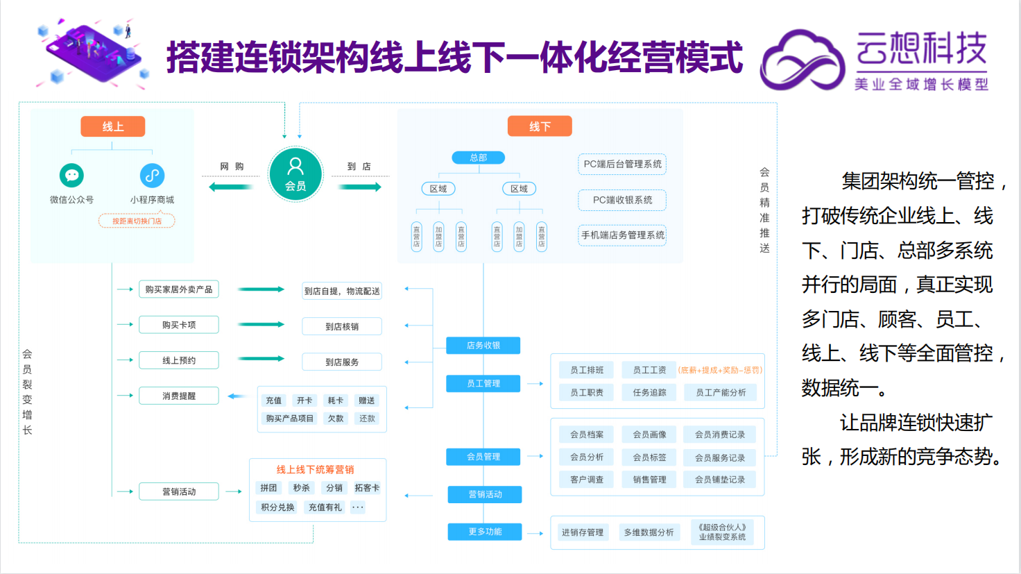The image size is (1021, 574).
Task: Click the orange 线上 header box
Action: click(x=113, y=126)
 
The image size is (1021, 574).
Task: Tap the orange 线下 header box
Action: click(x=540, y=126)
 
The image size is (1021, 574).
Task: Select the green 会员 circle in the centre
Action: click(x=295, y=174)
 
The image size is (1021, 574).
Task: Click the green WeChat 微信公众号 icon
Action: click(x=71, y=175)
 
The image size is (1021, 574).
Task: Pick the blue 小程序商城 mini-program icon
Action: click(x=152, y=175)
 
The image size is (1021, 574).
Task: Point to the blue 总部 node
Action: click(x=478, y=158)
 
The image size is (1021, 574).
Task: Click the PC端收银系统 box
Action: click(x=622, y=200)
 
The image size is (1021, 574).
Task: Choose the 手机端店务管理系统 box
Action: click(x=622, y=235)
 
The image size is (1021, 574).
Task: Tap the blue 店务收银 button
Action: click(x=483, y=345)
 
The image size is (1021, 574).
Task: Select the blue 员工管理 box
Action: click(x=483, y=383)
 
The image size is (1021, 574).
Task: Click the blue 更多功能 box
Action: click(x=485, y=532)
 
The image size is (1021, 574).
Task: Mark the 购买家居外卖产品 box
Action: click(x=179, y=289)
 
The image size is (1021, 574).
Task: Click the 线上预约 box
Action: click(x=179, y=360)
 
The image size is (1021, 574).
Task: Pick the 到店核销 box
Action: click(x=342, y=326)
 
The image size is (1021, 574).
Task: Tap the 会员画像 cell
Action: click(x=649, y=434)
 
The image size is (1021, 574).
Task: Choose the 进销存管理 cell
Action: click(x=583, y=532)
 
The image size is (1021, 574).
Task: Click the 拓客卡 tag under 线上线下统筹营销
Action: click(x=367, y=488)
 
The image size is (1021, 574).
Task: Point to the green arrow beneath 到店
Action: click(x=359, y=187)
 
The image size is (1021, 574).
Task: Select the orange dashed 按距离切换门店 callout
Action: click(x=137, y=221)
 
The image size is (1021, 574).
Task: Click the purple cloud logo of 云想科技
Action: click(x=803, y=61)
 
